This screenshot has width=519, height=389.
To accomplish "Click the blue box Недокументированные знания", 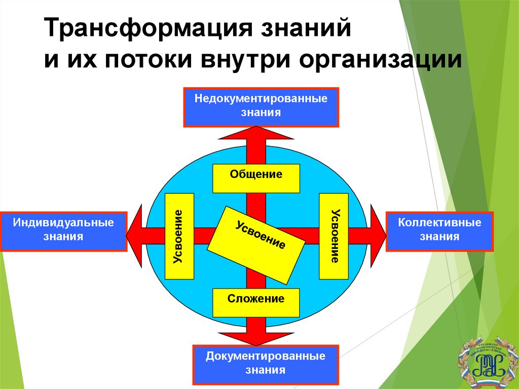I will [x=261, y=107].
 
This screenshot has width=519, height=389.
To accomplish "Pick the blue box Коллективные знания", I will [x=439, y=231].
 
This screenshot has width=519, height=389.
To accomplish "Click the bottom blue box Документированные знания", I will [x=265, y=364].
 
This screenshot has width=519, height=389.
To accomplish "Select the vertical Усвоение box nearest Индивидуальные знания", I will [x=179, y=236].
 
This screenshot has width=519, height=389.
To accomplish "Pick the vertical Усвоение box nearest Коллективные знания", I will [x=333, y=236].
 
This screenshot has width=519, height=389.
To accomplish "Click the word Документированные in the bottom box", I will [x=265, y=357].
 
